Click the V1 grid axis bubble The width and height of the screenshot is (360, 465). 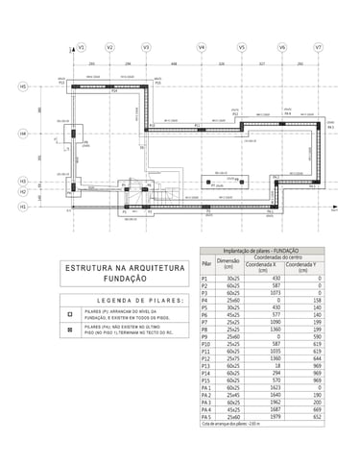pyautogui.click(x=82, y=47)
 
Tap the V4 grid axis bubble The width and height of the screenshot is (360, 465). pyautogui.click(x=202, y=47)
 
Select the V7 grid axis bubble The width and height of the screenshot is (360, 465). pyautogui.click(x=318, y=47)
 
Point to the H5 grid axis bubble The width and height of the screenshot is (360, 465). pyautogui.click(x=22, y=86)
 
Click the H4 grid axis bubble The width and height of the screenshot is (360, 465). pyautogui.click(x=22, y=134)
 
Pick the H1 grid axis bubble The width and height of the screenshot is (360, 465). pyautogui.click(x=22, y=206)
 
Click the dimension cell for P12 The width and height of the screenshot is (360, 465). pyautogui.click(x=232, y=358)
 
